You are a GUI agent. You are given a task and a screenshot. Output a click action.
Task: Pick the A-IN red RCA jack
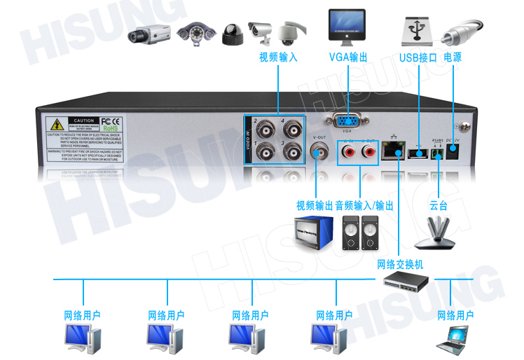[348, 151]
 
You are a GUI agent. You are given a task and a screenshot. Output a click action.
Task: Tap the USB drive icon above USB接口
[417, 30]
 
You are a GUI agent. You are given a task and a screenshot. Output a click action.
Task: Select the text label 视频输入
[278, 57]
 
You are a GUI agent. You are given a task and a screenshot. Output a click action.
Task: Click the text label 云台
[439, 206]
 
